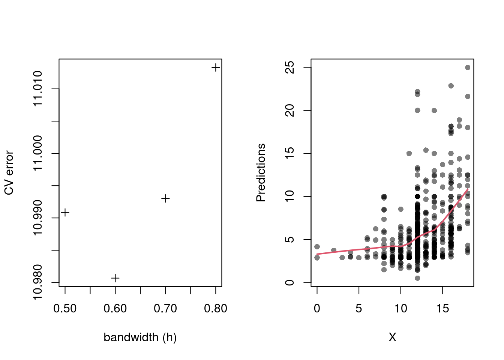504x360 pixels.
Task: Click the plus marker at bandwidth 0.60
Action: (115, 278)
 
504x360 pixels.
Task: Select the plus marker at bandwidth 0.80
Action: (216, 67)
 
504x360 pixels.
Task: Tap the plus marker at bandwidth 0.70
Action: (165, 198)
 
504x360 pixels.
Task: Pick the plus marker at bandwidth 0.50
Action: (65, 213)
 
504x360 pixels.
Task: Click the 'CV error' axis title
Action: (9, 173)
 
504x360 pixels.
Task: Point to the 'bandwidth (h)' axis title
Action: (140, 337)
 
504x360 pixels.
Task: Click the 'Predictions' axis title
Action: (261, 173)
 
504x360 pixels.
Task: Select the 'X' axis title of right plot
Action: (392, 337)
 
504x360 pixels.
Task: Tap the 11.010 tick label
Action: (38, 89)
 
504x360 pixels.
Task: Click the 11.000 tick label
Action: (38, 153)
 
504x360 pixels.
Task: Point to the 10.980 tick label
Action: (38, 282)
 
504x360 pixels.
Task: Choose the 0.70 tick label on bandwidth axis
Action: (165, 309)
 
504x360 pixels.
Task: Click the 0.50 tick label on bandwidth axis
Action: (65, 309)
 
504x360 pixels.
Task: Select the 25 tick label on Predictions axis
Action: (290, 67)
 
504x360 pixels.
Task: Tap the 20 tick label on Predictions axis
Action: (290, 110)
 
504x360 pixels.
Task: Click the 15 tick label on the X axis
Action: (442, 309)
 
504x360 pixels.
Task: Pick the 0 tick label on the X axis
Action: (317, 309)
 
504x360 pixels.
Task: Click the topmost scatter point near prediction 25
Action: (468, 67)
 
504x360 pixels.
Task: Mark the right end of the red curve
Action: (468, 189)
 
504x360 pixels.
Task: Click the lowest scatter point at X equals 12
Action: (417, 278)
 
